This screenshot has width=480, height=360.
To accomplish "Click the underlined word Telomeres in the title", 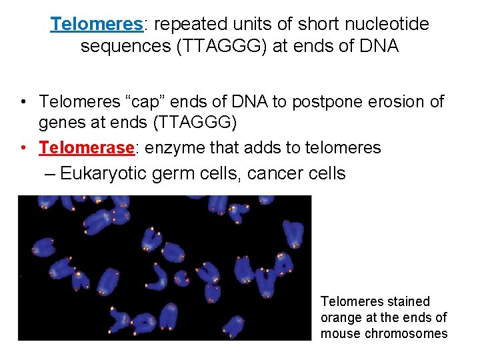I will (x=97, y=25).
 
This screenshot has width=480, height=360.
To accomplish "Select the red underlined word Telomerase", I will (x=87, y=147).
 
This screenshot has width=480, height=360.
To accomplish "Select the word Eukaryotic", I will (x=104, y=173).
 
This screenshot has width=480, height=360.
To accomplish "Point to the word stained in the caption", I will (x=405, y=302).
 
